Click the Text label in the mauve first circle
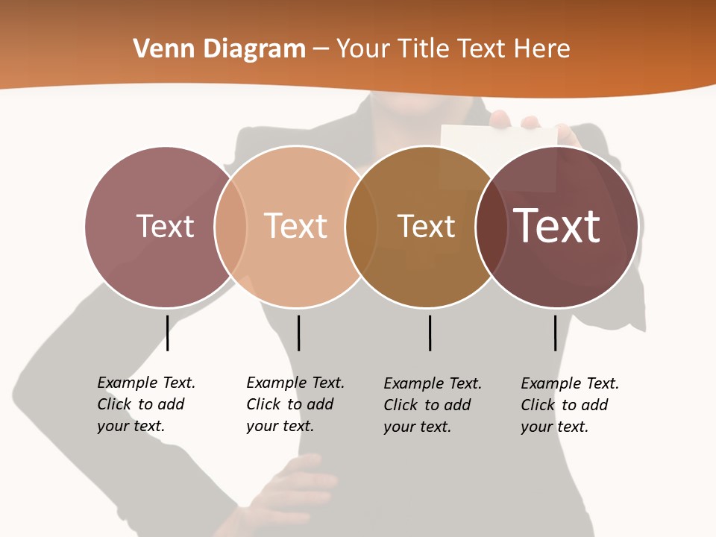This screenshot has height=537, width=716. tap(165, 226)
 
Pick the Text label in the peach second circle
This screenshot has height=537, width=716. tap(295, 226)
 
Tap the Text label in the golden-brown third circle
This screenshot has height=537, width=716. tap(426, 226)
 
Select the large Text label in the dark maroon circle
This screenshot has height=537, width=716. tap(557, 226)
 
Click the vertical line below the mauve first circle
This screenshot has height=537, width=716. tap(168, 333)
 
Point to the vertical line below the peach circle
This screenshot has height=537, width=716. tap(298, 333)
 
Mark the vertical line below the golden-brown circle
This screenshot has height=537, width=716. tap(430, 333)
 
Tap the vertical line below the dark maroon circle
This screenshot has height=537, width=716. tap(555, 333)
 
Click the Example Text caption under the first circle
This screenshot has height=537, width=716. tap(145, 404)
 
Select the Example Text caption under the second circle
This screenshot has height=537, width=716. tap(295, 404)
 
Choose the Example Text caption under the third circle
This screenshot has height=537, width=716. tap(432, 405)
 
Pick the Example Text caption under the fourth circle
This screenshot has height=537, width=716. tap(569, 405)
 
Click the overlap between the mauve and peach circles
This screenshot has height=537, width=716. tap(231, 226)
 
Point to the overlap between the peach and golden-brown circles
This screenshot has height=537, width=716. tap(360, 226)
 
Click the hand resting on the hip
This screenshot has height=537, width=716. tap(298, 485)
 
